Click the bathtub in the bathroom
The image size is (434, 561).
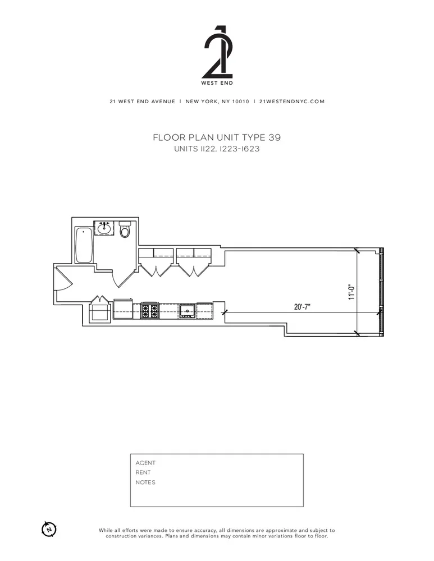(84, 245)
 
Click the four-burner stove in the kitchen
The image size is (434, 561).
(149, 310)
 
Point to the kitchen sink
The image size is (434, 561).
(187, 310)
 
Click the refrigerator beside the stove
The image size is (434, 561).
(123, 309)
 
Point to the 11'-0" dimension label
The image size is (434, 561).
(352, 292)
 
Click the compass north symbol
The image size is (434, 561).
(49, 528)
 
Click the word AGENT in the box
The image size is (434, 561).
(145, 463)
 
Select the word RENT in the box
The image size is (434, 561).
(143, 472)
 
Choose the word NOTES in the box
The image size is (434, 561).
(145, 482)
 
